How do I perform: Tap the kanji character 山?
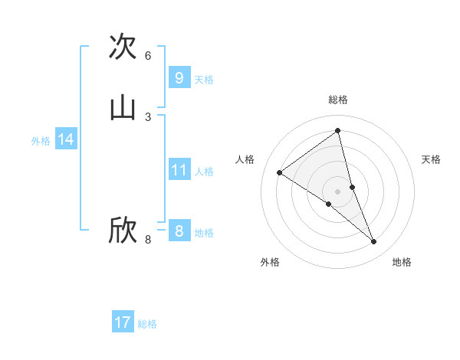point(123,107)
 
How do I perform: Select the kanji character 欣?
point(123,231)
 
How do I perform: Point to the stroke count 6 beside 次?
point(148,56)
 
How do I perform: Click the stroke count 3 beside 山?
point(148,116)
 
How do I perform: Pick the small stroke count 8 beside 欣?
point(148,240)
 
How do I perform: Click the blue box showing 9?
point(179,78)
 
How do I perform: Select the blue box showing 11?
point(179,170)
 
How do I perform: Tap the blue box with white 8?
point(179,231)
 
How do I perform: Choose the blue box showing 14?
point(66,139)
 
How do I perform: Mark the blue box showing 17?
point(123,322)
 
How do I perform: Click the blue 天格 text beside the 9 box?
point(204,80)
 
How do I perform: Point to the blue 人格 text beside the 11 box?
point(204,172)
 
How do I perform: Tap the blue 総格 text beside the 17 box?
point(147,324)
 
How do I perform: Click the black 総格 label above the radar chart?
point(338,100)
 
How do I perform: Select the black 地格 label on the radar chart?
point(402,262)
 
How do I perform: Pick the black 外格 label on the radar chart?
point(270,262)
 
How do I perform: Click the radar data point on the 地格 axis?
point(374,242)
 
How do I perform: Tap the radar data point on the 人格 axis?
point(279,172)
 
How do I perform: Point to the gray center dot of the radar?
point(338,191)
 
